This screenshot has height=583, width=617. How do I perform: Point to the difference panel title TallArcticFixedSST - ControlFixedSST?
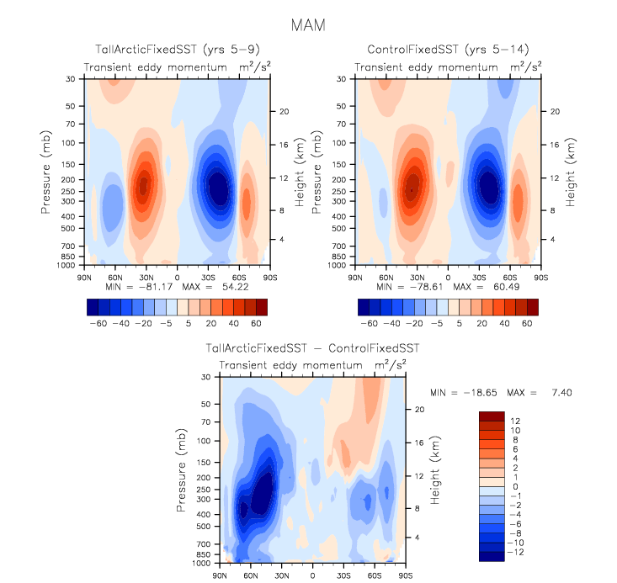click(313, 347)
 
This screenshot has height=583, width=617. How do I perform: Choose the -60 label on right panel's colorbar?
click(369, 322)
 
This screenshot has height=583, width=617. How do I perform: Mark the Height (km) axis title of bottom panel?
click(437, 475)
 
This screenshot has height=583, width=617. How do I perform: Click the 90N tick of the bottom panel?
click(221, 575)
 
